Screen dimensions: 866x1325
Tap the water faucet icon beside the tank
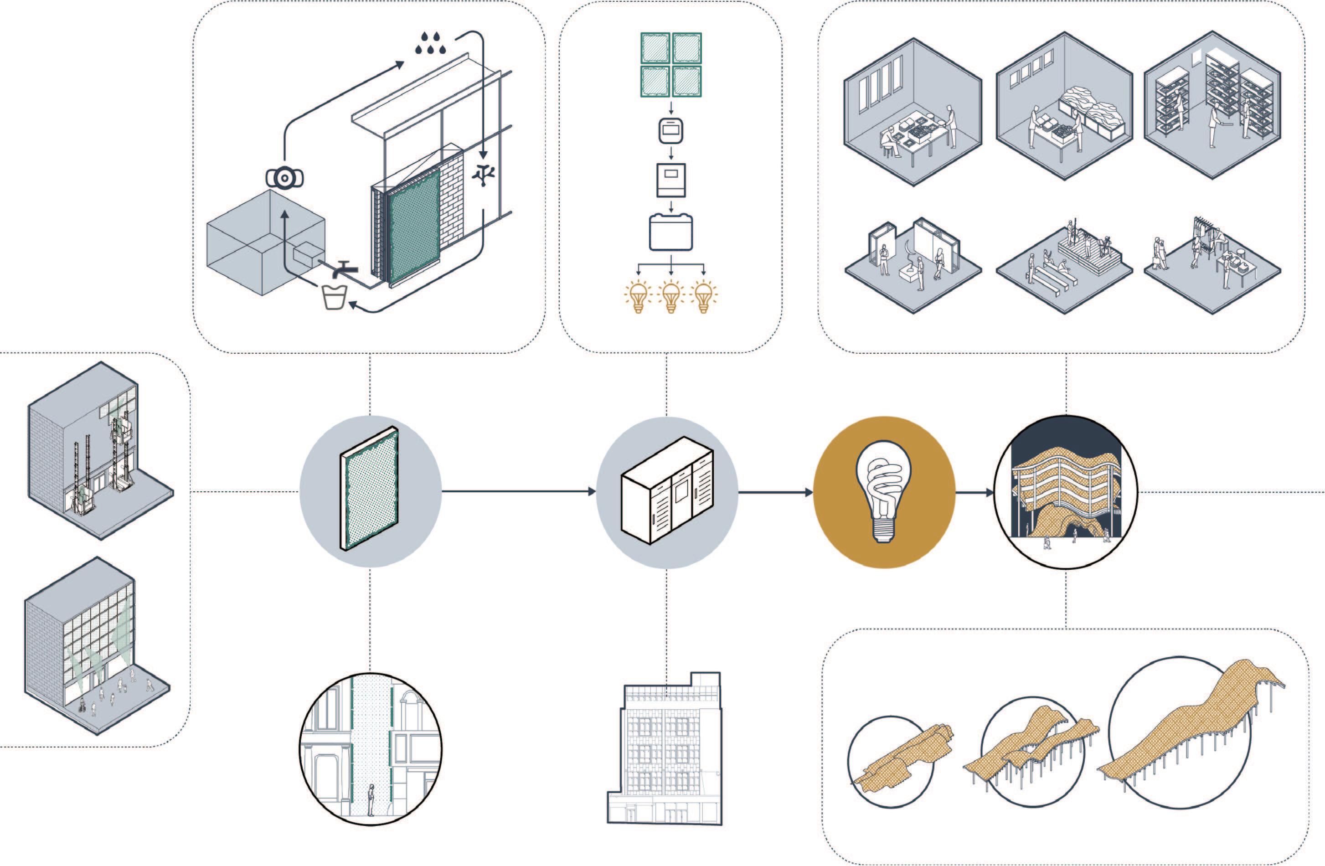[x=344, y=269]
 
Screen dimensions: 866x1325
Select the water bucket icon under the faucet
[x=335, y=296]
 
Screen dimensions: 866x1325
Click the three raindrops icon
[x=430, y=43]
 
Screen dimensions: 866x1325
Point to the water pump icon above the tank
[x=284, y=178]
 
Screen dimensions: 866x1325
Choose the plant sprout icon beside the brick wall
[x=483, y=175]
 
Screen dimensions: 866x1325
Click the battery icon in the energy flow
[x=671, y=232]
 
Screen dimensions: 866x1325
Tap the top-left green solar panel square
[x=656, y=48]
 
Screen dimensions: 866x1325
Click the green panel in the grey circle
[x=370, y=489]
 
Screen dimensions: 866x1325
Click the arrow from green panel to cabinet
[x=518, y=491]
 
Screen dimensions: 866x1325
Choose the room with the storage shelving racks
[x=1212, y=106]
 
